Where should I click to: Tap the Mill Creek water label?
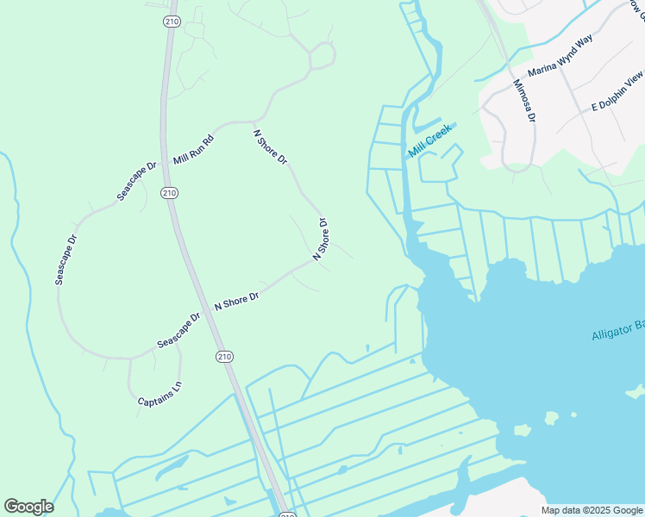(430, 140)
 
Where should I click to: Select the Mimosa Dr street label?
(525, 101)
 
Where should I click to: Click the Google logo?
(28, 507)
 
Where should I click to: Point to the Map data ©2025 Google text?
(592, 510)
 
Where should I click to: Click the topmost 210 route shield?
(170, 22)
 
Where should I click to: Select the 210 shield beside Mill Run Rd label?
(170, 192)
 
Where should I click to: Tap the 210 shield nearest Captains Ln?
(224, 357)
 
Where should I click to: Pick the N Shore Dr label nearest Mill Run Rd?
(270, 147)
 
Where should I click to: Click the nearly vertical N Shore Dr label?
(321, 240)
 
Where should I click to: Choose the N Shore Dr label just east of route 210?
(236, 301)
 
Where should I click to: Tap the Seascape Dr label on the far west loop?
(66, 259)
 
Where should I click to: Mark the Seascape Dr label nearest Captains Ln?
(178, 330)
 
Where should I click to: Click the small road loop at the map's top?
(322, 54)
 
